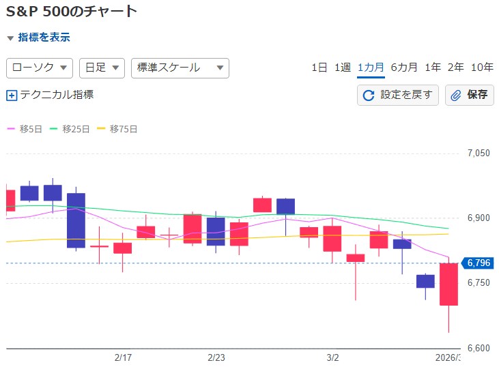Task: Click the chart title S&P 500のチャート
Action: click(72, 11)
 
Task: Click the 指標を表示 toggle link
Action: click(43, 38)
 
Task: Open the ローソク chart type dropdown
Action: click(40, 68)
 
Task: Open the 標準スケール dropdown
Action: click(180, 68)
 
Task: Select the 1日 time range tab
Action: click(319, 67)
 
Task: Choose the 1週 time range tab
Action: click(343, 67)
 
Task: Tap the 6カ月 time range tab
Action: click(404, 67)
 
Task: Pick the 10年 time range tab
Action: click(482, 67)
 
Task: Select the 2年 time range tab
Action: click(455, 67)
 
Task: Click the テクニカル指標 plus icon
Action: click(11, 96)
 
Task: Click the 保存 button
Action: click(470, 95)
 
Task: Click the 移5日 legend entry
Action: click(25, 128)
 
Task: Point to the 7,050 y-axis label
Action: click(478, 153)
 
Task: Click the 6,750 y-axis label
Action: click(478, 283)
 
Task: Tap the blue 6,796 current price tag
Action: click(479, 263)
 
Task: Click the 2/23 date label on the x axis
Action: click(216, 357)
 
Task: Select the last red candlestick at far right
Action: click(448, 284)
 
